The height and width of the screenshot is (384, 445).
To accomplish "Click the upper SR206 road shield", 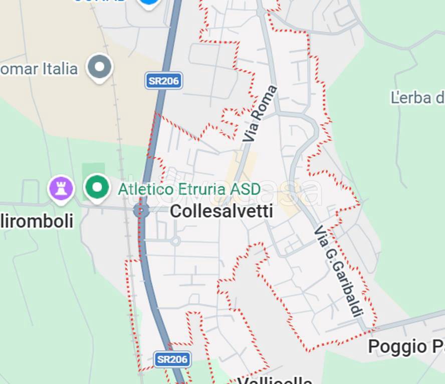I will pyautogui.click(x=163, y=81).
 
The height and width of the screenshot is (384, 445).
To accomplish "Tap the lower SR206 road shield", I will pyautogui.click(x=172, y=359).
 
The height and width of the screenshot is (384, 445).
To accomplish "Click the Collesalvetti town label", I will pyautogui.click(x=221, y=211).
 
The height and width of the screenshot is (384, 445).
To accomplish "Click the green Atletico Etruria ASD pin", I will pyautogui.click(x=97, y=187).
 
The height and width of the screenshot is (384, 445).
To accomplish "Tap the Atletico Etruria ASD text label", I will pyautogui.click(x=189, y=189).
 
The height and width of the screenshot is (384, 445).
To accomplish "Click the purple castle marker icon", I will pyautogui.click(x=61, y=188).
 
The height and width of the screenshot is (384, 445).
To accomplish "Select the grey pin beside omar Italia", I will pyautogui.click(x=99, y=67).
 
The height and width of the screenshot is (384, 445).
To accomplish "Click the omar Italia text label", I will pyautogui.click(x=39, y=68).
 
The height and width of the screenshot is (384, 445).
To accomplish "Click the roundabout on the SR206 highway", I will pyautogui.click(x=141, y=210).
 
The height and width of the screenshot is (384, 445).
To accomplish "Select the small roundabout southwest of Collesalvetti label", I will pyautogui.click(x=175, y=241).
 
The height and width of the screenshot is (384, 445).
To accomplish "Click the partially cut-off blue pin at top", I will pyautogui.click(x=149, y=3).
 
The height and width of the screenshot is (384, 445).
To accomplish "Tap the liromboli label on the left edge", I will pyautogui.click(x=37, y=220).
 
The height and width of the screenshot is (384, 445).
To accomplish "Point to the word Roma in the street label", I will pyautogui.click(x=265, y=102).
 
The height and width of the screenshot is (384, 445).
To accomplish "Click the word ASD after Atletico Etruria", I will pyautogui.click(x=245, y=189).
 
